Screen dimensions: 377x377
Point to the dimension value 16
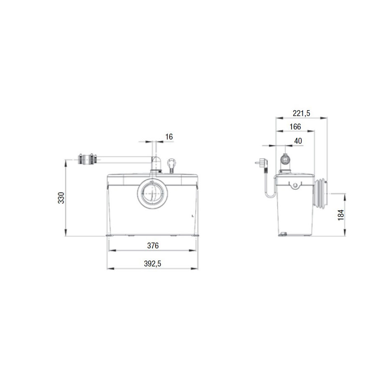169,137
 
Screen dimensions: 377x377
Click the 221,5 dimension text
301,113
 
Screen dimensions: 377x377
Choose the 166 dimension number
295,127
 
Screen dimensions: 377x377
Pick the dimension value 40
298,141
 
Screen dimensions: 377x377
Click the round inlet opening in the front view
152,194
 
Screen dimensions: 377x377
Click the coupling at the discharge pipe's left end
86,159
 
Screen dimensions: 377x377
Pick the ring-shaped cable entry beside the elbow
171,162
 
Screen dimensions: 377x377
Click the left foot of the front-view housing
109,235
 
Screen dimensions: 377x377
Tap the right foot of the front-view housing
196,235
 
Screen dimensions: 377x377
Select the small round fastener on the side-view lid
295,185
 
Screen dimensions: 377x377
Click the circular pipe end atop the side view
285,160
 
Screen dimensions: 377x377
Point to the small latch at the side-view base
284,234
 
